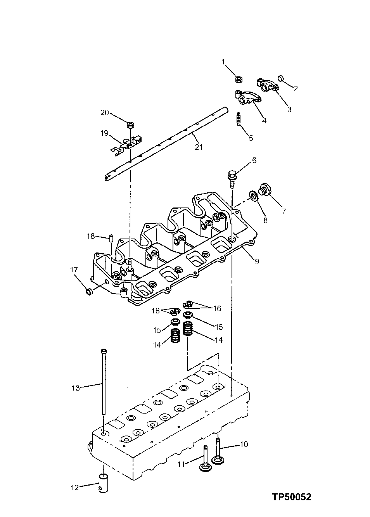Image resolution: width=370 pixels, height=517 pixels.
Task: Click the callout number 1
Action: [223, 62]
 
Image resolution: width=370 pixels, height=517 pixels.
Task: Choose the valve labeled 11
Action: [205, 459]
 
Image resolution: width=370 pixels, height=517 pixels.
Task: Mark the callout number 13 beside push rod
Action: [76, 387]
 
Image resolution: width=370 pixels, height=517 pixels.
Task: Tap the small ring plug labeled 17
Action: [89, 291]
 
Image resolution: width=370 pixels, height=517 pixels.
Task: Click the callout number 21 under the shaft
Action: [199, 147]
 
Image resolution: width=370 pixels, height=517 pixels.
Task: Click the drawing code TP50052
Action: [291, 497]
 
